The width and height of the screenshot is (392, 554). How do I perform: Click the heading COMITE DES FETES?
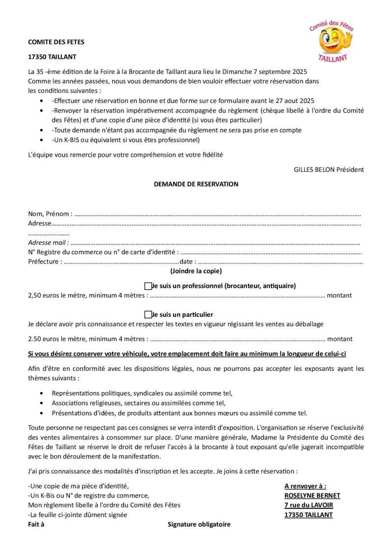pyautogui.click(x=56, y=42)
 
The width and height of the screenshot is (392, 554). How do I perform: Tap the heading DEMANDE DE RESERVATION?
pyautogui.click(x=196, y=184)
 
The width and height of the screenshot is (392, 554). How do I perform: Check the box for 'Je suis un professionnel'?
pyautogui.click(x=148, y=286)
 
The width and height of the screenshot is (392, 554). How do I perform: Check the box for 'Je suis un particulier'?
pyautogui.click(x=148, y=314)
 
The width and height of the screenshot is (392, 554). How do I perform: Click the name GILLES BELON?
pyautogui.click(x=314, y=169)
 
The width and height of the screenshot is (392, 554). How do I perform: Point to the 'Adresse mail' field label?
pyautogui.click(x=48, y=242)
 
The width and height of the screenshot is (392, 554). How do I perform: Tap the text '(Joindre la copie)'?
pyautogui.click(x=196, y=271)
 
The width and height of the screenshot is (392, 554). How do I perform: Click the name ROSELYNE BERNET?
pyautogui.click(x=312, y=495)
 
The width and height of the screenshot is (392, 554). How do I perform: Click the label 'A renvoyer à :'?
pyautogui.click(x=305, y=486)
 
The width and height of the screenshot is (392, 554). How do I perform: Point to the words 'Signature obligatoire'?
pyautogui.click(x=199, y=524)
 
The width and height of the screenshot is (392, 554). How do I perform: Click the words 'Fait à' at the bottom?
pyautogui.click(x=36, y=524)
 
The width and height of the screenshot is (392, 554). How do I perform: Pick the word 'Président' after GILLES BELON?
pyautogui.click(x=350, y=169)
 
